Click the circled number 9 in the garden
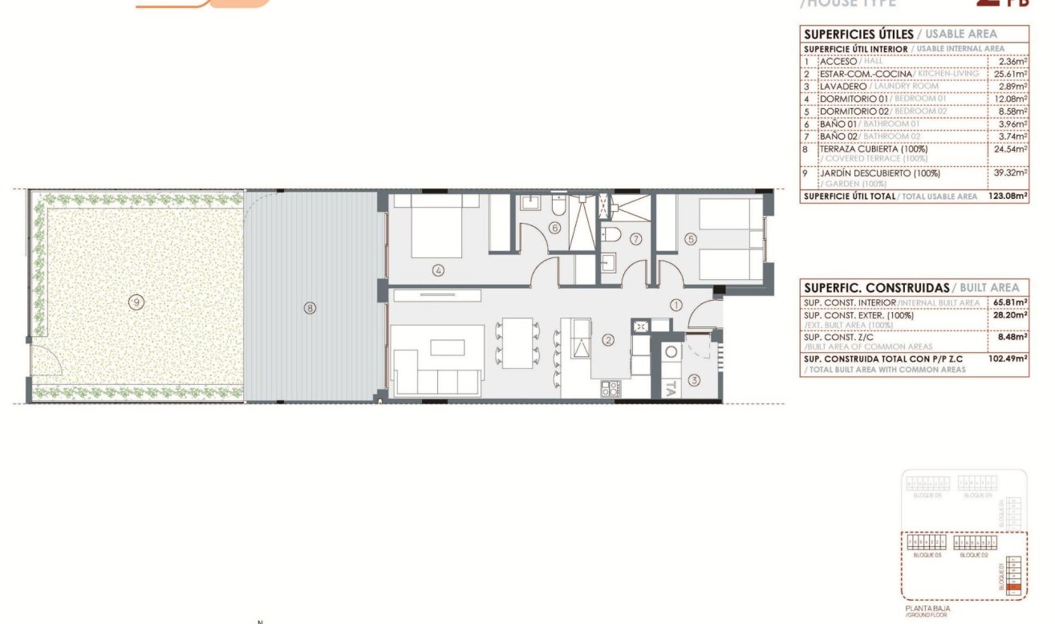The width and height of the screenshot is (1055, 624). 137,302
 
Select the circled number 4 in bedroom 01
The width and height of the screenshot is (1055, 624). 438,270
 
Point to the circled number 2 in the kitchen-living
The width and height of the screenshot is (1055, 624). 608,341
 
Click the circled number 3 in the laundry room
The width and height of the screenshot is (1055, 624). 694,380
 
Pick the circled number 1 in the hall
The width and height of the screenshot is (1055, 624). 676,305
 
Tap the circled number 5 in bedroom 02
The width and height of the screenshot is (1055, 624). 691,238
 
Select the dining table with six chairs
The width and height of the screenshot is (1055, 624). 518,343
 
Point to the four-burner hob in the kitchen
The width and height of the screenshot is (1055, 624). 611,389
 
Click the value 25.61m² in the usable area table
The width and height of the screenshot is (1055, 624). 1010,74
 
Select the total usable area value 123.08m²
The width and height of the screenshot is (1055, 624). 1006,196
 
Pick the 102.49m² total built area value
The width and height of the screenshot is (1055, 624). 1008,359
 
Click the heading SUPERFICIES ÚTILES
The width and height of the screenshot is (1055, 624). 858,34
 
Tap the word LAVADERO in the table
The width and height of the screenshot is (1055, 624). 842,86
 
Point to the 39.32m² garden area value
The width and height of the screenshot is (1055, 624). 1010,173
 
